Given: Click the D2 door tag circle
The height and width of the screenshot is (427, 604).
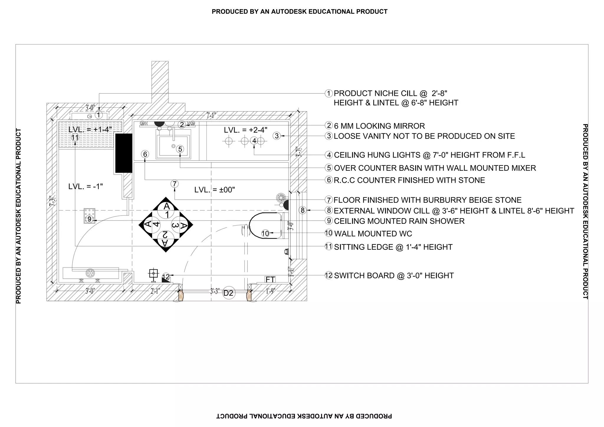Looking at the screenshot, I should [229, 293].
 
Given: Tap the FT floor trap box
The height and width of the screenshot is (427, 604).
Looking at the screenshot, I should [270, 279].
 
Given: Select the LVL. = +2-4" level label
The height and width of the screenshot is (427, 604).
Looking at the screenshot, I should [245, 130].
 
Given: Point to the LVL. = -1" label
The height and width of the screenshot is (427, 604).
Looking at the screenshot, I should [86, 186].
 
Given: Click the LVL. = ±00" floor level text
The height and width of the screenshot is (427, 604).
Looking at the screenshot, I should [215, 190].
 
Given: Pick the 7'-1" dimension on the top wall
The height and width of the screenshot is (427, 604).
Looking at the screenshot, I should [211, 115].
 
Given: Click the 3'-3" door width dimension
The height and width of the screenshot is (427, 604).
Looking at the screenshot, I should [215, 291].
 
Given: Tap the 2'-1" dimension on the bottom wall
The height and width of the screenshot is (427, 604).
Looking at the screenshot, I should [155, 291].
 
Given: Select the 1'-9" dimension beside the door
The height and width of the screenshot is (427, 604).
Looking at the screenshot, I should [270, 291].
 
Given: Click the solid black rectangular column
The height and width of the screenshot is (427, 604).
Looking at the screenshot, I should [124, 153].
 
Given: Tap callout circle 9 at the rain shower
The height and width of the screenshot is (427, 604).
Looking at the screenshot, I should [90, 219].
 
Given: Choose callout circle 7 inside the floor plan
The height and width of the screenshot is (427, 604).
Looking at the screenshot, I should [175, 184].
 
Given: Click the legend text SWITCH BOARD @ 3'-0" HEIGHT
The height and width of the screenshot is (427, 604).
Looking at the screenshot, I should [394, 276].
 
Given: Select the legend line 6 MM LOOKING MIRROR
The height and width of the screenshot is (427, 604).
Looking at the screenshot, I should [379, 126].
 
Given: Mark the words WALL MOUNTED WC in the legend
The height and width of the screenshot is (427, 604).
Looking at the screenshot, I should [373, 234].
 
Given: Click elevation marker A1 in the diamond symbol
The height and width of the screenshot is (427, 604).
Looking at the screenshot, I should [167, 210].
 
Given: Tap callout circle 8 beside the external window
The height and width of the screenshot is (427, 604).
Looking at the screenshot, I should [303, 210].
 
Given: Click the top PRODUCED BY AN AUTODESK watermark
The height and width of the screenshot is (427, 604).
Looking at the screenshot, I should [299, 12].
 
